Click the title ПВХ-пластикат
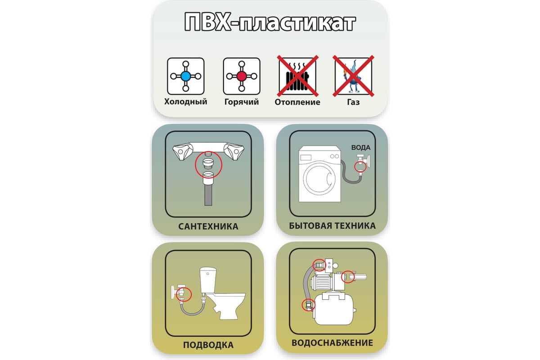point(270,22)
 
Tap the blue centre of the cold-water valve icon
point(185,76)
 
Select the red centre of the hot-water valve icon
point(242,76)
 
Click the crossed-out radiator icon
point(297,76)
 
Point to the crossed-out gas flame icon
point(353,76)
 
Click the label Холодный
point(185,102)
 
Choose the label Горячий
point(242,102)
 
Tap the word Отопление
point(297,102)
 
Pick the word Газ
point(353,102)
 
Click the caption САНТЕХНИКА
point(208,226)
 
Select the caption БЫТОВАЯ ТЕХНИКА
point(332,226)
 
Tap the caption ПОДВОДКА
point(208,345)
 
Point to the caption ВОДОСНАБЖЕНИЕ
point(332,343)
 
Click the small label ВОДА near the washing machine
point(361,148)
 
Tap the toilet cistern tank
point(208,280)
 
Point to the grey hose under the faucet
point(208,195)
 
